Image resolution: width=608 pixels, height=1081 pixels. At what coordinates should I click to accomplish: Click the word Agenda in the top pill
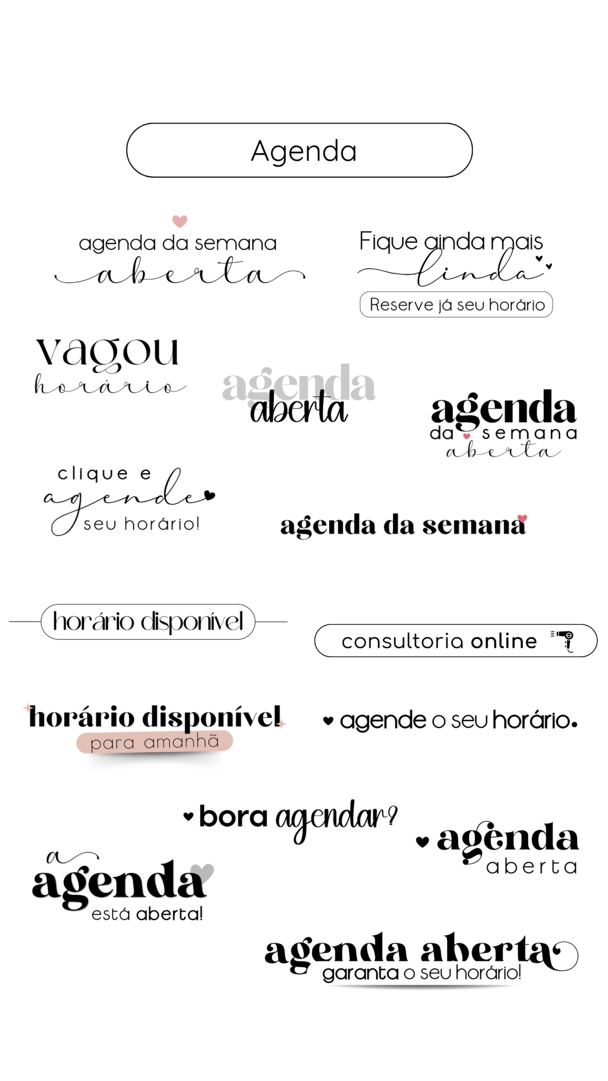(x=304, y=152)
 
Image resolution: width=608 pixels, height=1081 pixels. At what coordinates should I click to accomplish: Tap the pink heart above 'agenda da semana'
(x=180, y=221)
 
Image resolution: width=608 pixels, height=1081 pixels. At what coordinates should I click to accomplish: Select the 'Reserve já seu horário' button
(x=456, y=305)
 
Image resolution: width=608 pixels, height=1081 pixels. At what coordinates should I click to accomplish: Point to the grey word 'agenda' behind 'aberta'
(x=299, y=384)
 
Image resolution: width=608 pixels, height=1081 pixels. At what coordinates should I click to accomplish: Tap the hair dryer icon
(x=564, y=640)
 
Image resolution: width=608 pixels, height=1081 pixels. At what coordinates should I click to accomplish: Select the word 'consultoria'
(x=403, y=641)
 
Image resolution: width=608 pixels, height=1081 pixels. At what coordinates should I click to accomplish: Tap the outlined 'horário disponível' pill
(x=148, y=622)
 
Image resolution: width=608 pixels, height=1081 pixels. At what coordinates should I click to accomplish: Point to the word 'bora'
(x=233, y=817)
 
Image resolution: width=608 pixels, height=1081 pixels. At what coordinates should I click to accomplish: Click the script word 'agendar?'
(x=336, y=820)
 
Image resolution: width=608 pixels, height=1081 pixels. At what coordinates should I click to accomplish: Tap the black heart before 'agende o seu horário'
(x=328, y=720)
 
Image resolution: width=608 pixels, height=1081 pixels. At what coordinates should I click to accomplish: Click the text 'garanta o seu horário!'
(x=422, y=973)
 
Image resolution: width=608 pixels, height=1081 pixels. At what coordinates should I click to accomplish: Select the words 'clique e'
(x=104, y=474)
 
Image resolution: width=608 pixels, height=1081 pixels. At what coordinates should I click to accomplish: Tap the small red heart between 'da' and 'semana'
(x=467, y=436)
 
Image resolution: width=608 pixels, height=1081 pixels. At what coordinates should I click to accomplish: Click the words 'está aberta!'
(x=147, y=914)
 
